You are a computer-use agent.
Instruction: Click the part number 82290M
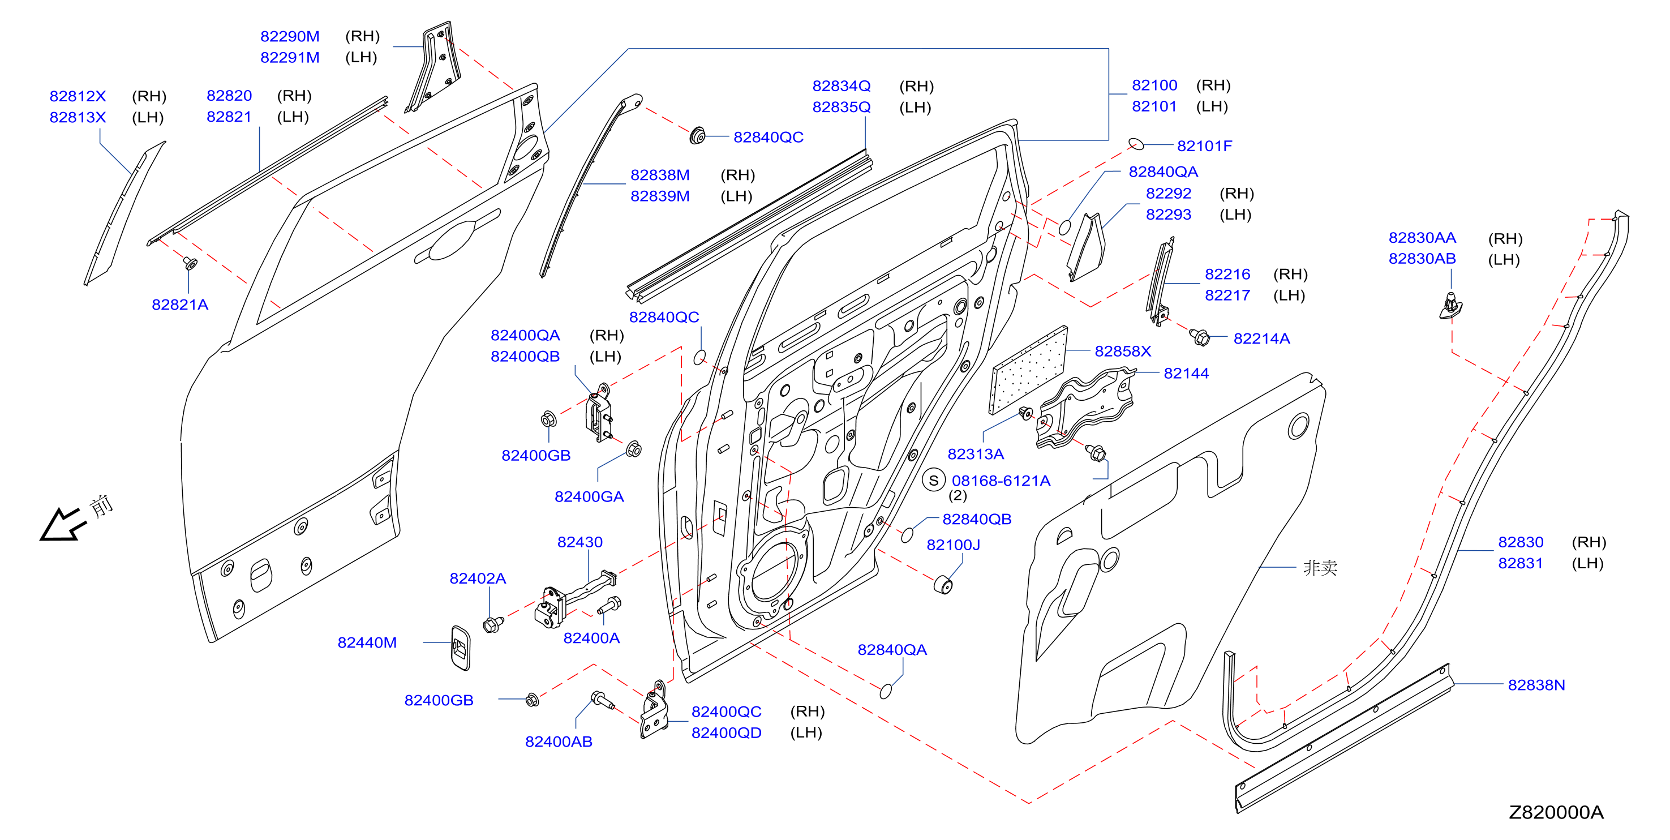(x=290, y=36)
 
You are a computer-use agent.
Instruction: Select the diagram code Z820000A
(x=1556, y=812)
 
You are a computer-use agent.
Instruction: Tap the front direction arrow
(x=63, y=524)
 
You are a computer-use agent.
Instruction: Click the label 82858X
(x=1123, y=351)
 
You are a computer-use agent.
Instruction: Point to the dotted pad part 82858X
(x=1029, y=370)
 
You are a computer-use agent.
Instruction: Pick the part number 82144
(x=1186, y=373)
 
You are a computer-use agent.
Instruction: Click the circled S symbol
(x=934, y=481)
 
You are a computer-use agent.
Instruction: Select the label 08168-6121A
(x=1001, y=481)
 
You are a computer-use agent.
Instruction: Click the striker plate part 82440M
(x=460, y=648)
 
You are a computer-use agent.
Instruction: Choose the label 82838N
(x=1536, y=685)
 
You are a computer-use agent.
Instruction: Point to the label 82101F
(x=1204, y=146)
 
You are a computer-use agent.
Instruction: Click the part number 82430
(x=580, y=542)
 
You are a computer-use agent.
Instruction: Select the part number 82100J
(x=953, y=545)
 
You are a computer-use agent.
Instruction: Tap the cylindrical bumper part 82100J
(x=943, y=584)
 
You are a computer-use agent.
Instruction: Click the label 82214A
(x=1261, y=338)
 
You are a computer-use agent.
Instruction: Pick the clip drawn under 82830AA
(x=1450, y=306)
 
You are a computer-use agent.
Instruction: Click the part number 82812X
(x=78, y=96)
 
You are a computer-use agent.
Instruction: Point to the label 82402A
(x=478, y=578)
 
